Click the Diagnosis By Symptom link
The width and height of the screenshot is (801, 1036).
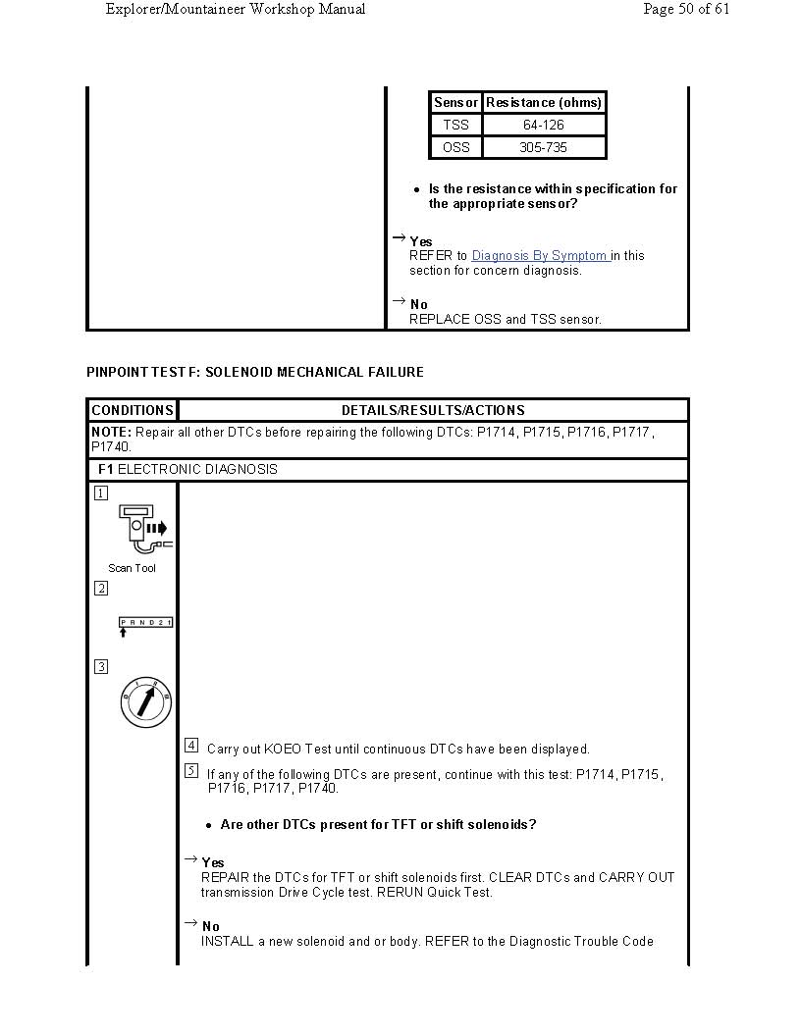540,256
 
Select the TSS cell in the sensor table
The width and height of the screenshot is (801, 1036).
455,126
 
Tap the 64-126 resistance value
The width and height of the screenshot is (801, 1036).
544,126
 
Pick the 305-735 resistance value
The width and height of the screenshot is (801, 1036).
544,148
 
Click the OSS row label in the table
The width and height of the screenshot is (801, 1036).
455,148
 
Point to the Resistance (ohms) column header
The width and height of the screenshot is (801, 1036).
544,103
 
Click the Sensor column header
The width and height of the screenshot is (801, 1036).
455,103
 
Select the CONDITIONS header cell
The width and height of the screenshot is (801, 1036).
133,411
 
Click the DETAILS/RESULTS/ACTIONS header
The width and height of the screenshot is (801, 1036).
433,411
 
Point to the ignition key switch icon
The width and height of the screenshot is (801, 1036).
145,702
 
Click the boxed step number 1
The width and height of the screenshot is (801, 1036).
101,493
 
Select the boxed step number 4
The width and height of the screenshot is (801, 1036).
191,746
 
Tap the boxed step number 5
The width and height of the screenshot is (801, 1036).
191,771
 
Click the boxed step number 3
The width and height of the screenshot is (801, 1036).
101,667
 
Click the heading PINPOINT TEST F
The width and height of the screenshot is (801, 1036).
255,373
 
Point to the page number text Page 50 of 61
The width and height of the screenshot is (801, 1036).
686,10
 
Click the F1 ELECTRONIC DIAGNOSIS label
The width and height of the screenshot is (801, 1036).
187,470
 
